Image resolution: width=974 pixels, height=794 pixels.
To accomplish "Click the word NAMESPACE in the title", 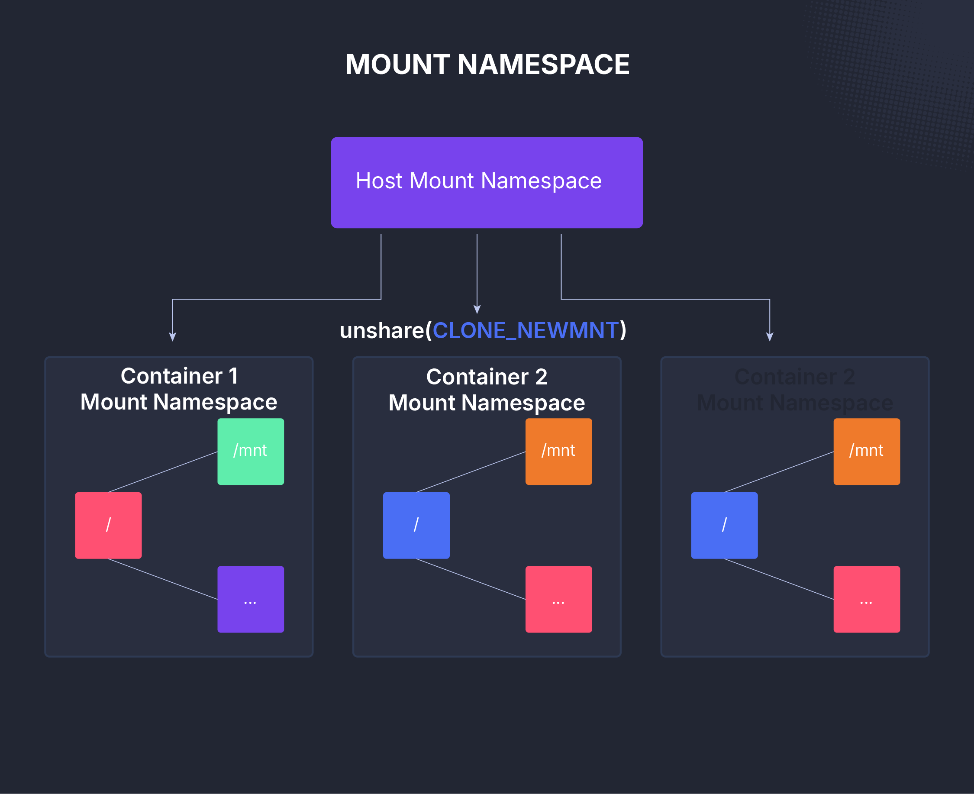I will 543,65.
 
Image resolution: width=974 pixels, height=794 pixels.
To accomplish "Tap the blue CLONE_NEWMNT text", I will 526,330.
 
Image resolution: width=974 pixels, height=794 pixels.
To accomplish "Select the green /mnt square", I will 251,452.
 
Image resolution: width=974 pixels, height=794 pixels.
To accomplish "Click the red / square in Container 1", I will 108,525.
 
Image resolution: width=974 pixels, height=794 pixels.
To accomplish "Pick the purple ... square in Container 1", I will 251,599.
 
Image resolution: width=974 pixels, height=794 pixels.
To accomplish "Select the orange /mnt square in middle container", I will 558,452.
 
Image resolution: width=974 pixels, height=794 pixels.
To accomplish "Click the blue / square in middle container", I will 416,525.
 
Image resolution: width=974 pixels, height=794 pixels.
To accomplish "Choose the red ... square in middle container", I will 558,599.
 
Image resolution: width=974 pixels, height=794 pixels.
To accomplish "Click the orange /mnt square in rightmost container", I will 867,452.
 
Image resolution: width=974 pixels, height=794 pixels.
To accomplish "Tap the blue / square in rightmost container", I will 724,525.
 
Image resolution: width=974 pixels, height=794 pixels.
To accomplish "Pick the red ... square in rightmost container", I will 867,599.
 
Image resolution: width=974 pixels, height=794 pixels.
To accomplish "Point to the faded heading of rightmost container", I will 795,390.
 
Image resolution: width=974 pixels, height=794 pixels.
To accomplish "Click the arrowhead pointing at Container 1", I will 172,337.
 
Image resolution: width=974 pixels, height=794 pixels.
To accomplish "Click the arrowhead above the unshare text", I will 477,310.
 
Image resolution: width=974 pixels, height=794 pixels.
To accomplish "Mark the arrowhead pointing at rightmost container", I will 770,337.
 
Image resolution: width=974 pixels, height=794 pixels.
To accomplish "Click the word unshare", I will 382,330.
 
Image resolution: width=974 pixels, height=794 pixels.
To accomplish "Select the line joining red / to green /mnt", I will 163,471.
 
